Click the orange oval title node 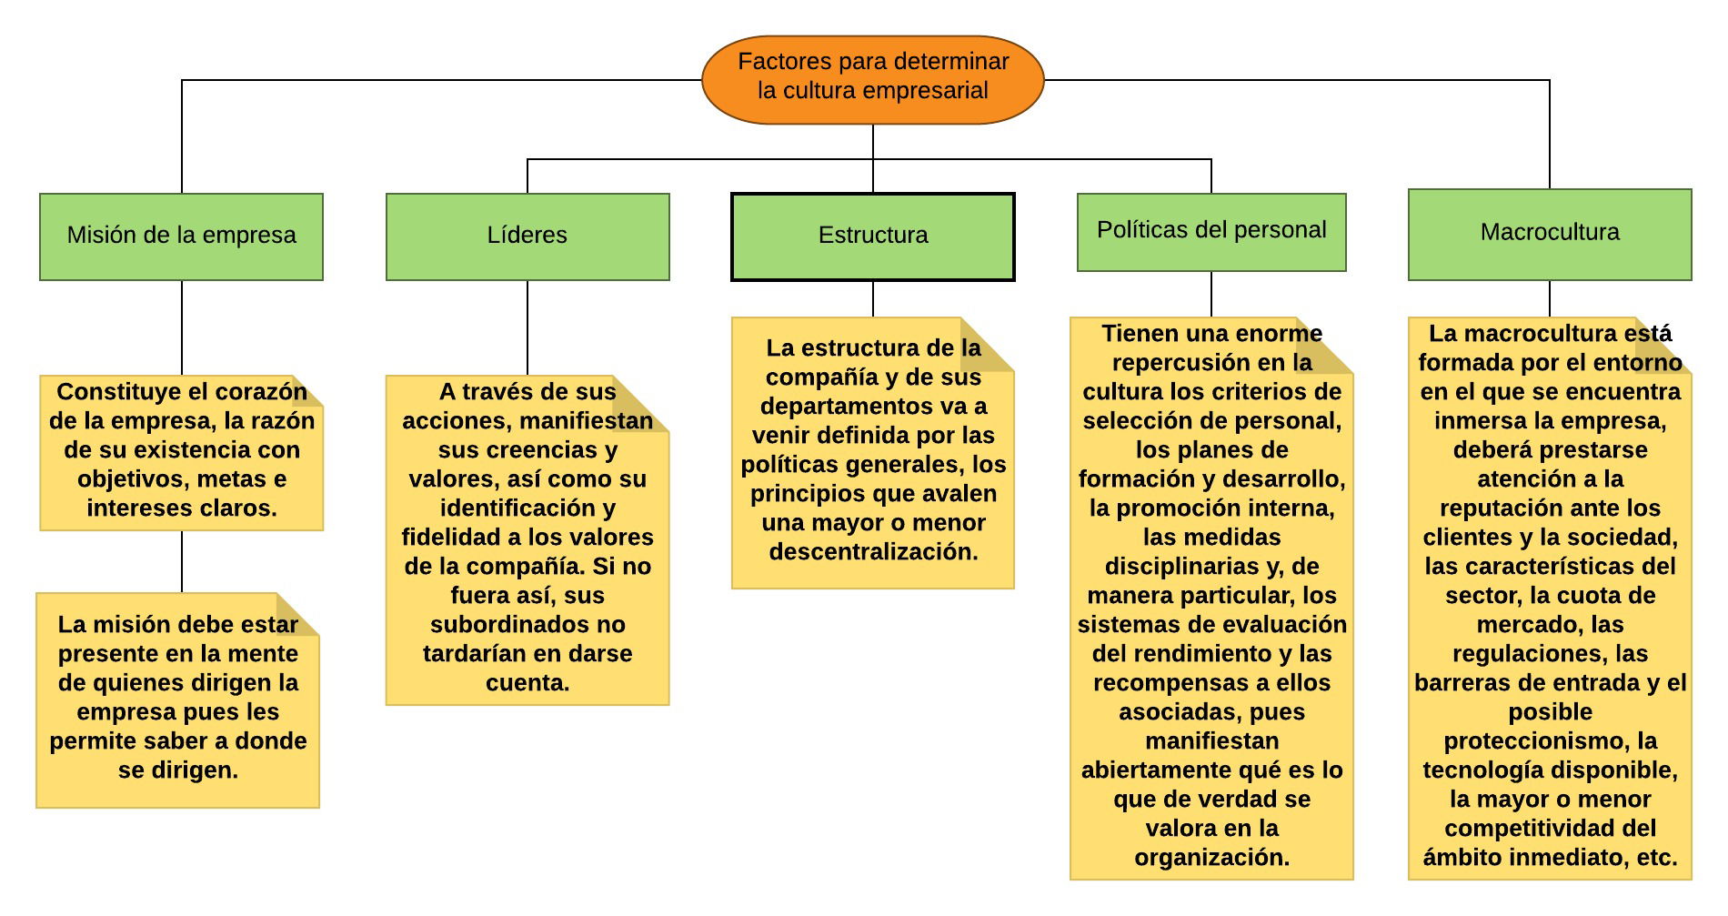pyautogui.click(x=873, y=80)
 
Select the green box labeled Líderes pyautogui.click(x=527, y=237)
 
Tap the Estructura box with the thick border pyautogui.click(x=873, y=237)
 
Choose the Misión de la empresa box pyautogui.click(x=181, y=237)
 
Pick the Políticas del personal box pyautogui.click(x=1211, y=232)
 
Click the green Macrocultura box pyautogui.click(x=1550, y=235)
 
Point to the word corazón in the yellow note pyautogui.click(x=265, y=392)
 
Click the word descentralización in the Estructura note pyautogui.click(x=873, y=552)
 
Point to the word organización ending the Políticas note pyautogui.click(x=1211, y=858)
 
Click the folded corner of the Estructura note pyautogui.click(x=989, y=344)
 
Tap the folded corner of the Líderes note pyautogui.click(x=642, y=403)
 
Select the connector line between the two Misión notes pyautogui.click(x=182, y=562)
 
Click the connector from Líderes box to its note pyautogui.click(x=527, y=328)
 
